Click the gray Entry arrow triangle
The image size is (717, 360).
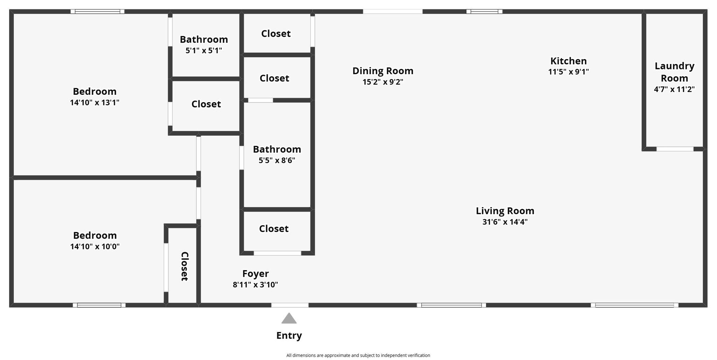click(289, 318)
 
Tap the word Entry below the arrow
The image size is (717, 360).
click(289, 336)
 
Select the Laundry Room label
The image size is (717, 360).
click(674, 72)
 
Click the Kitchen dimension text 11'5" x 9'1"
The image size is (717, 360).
click(569, 72)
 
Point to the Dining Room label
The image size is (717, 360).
click(383, 71)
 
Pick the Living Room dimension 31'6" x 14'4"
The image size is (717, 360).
click(505, 222)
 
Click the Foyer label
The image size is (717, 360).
click(256, 274)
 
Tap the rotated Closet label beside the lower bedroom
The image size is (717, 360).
click(185, 266)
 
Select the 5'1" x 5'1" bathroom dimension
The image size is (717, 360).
click(204, 50)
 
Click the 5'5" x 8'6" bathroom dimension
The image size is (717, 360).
click(277, 160)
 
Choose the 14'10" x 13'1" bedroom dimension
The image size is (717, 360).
click(95, 103)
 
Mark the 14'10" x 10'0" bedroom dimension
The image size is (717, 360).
click(95, 246)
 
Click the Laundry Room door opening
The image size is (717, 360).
click(675, 149)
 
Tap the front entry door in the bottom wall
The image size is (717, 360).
click(290, 305)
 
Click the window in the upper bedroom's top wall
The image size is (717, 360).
click(97, 12)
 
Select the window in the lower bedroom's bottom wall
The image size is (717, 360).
click(99, 305)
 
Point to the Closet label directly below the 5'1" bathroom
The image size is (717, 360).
click(206, 104)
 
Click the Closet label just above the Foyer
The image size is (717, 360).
click(274, 229)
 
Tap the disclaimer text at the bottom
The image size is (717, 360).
click(358, 355)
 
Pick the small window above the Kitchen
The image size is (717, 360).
click(484, 12)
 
